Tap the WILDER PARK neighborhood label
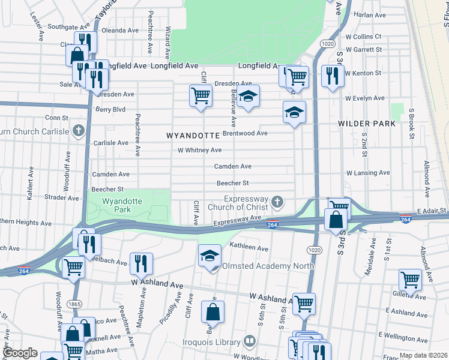(367, 123)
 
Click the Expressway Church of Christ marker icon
(277, 200)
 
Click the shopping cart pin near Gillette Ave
(410, 279)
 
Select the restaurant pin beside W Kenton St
(330, 76)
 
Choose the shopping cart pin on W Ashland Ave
(304, 302)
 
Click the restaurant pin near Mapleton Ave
(141, 262)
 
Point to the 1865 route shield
(74, 305)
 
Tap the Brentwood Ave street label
(245, 133)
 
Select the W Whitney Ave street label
(199, 150)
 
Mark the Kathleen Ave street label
(249, 247)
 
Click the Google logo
(20, 352)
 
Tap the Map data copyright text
(423, 355)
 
